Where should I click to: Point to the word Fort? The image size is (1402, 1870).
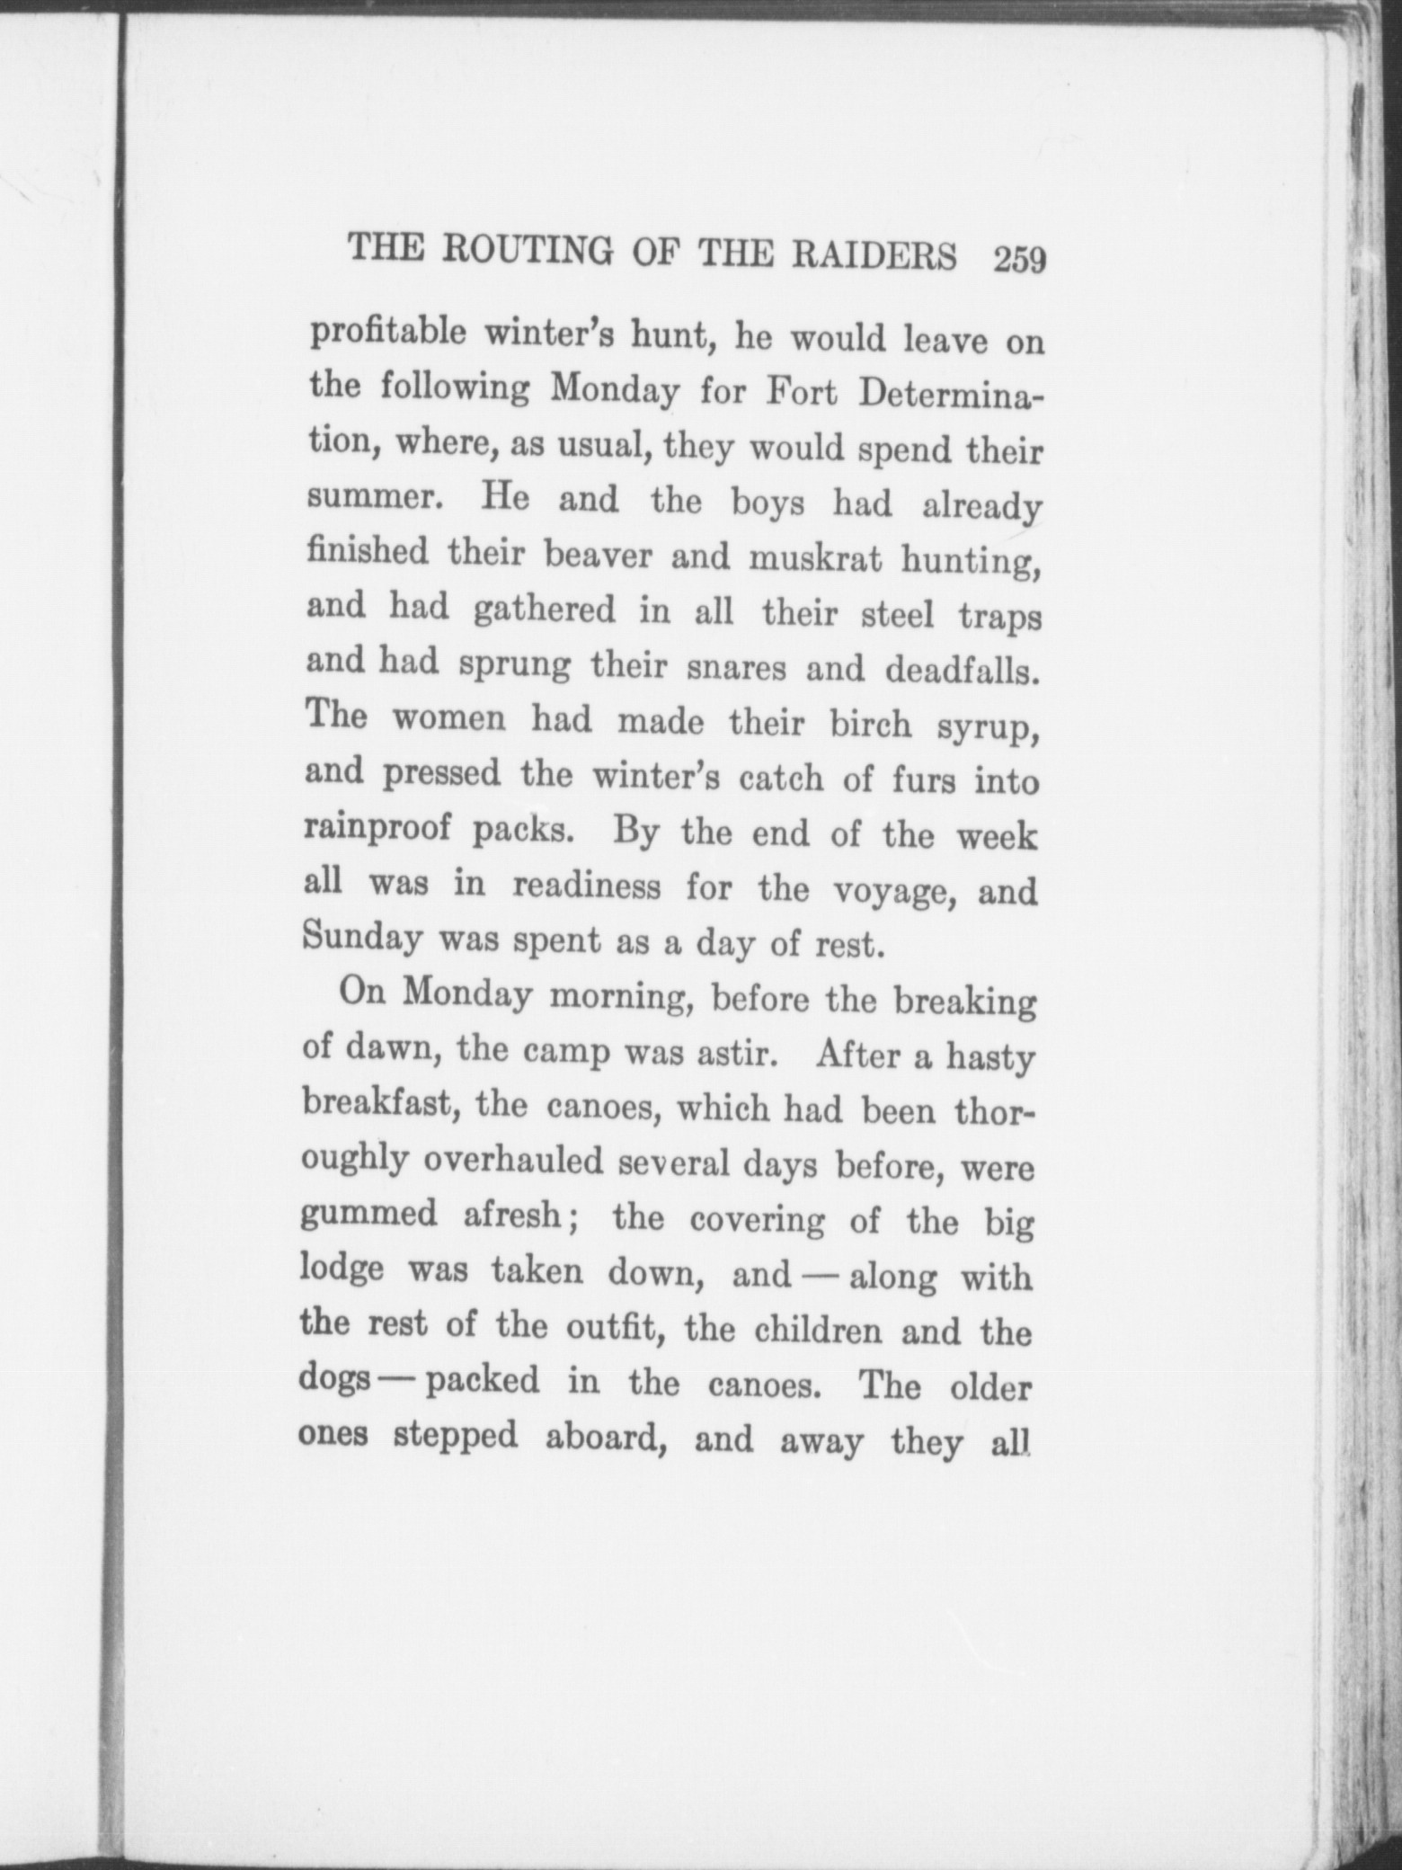(800, 393)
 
